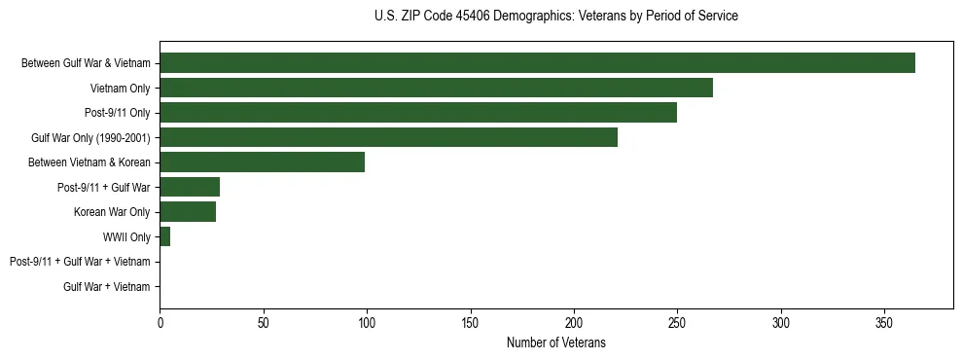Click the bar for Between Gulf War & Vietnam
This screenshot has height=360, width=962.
click(537, 63)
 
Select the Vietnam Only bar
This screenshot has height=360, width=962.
click(436, 88)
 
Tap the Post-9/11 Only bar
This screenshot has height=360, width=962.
click(418, 113)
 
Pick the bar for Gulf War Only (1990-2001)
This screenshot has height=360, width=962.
click(388, 137)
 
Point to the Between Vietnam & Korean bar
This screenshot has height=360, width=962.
click(262, 162)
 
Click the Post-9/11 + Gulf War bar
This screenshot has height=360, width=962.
click(190, 187)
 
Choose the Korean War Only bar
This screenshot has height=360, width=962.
click(188, 212)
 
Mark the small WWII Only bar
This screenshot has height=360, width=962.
click(164, 236)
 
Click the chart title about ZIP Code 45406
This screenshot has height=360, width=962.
click(555, 17)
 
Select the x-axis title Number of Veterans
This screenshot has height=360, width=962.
click(555, 342)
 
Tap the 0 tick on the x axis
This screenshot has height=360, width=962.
click(160, 321)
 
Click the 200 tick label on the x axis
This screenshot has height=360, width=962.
click(574, 321)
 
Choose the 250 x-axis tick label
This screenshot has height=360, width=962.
click(677, 321)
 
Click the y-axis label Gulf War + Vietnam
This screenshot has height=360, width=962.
click(107, 287)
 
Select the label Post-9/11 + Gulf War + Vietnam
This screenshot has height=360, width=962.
click(80, 262)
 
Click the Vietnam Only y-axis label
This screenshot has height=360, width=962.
click(120, 89)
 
